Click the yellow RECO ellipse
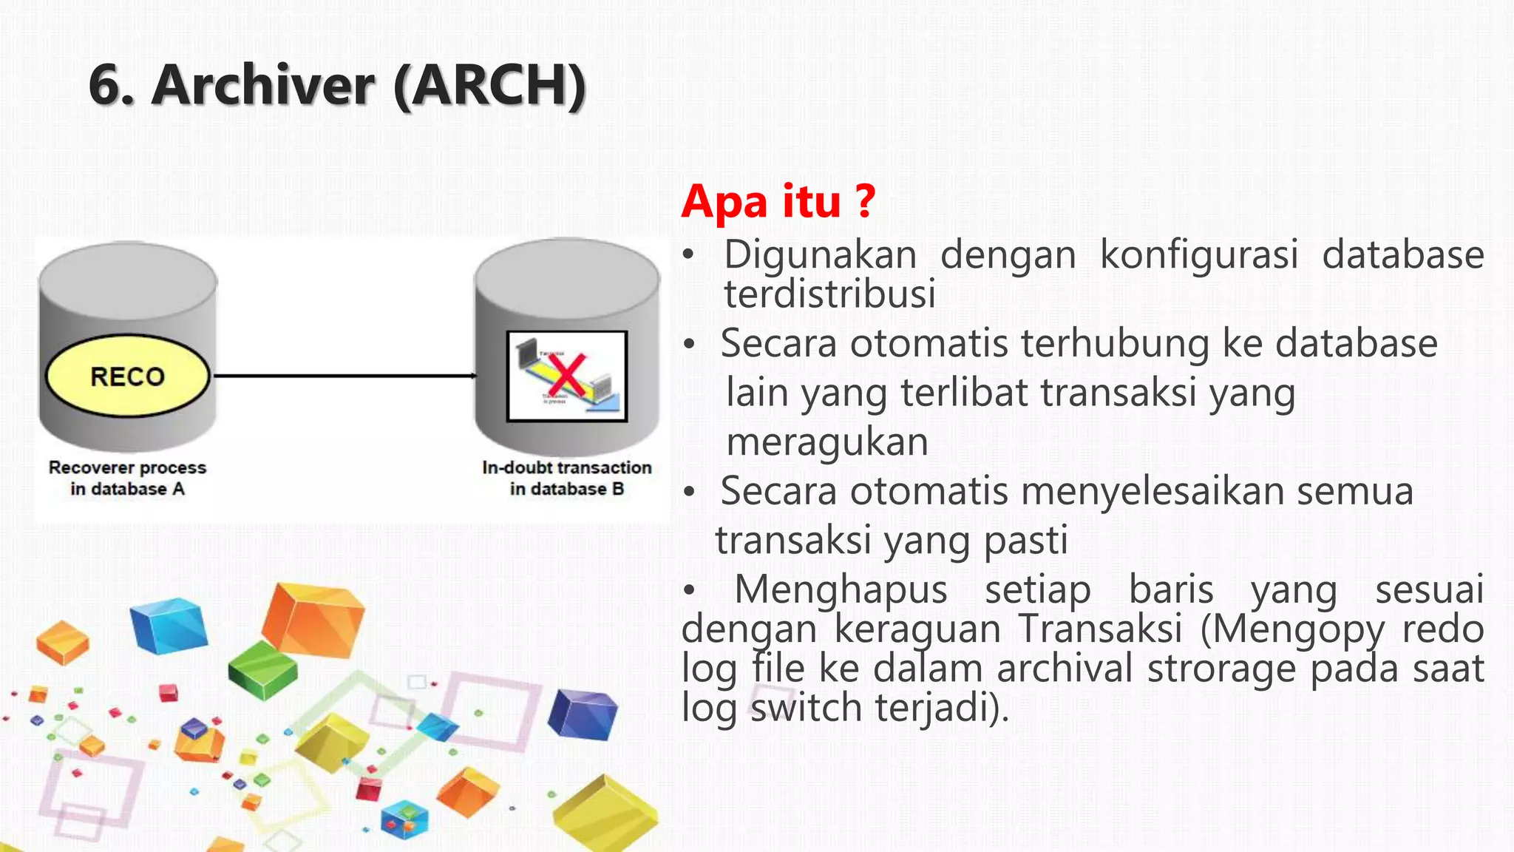[127, 376]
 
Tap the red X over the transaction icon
[567, 374]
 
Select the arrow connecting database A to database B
[344, 376]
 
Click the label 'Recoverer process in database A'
[127, 478]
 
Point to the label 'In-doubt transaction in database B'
[566, 478]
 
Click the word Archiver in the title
[263, 85]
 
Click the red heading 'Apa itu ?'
[778, 201]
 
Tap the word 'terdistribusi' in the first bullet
[829, 294]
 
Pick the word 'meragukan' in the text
[826, 442]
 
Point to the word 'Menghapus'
[840, 590]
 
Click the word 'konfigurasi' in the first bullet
[1198, 255]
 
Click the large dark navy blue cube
[583, 714]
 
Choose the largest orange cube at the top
[314, 620]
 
